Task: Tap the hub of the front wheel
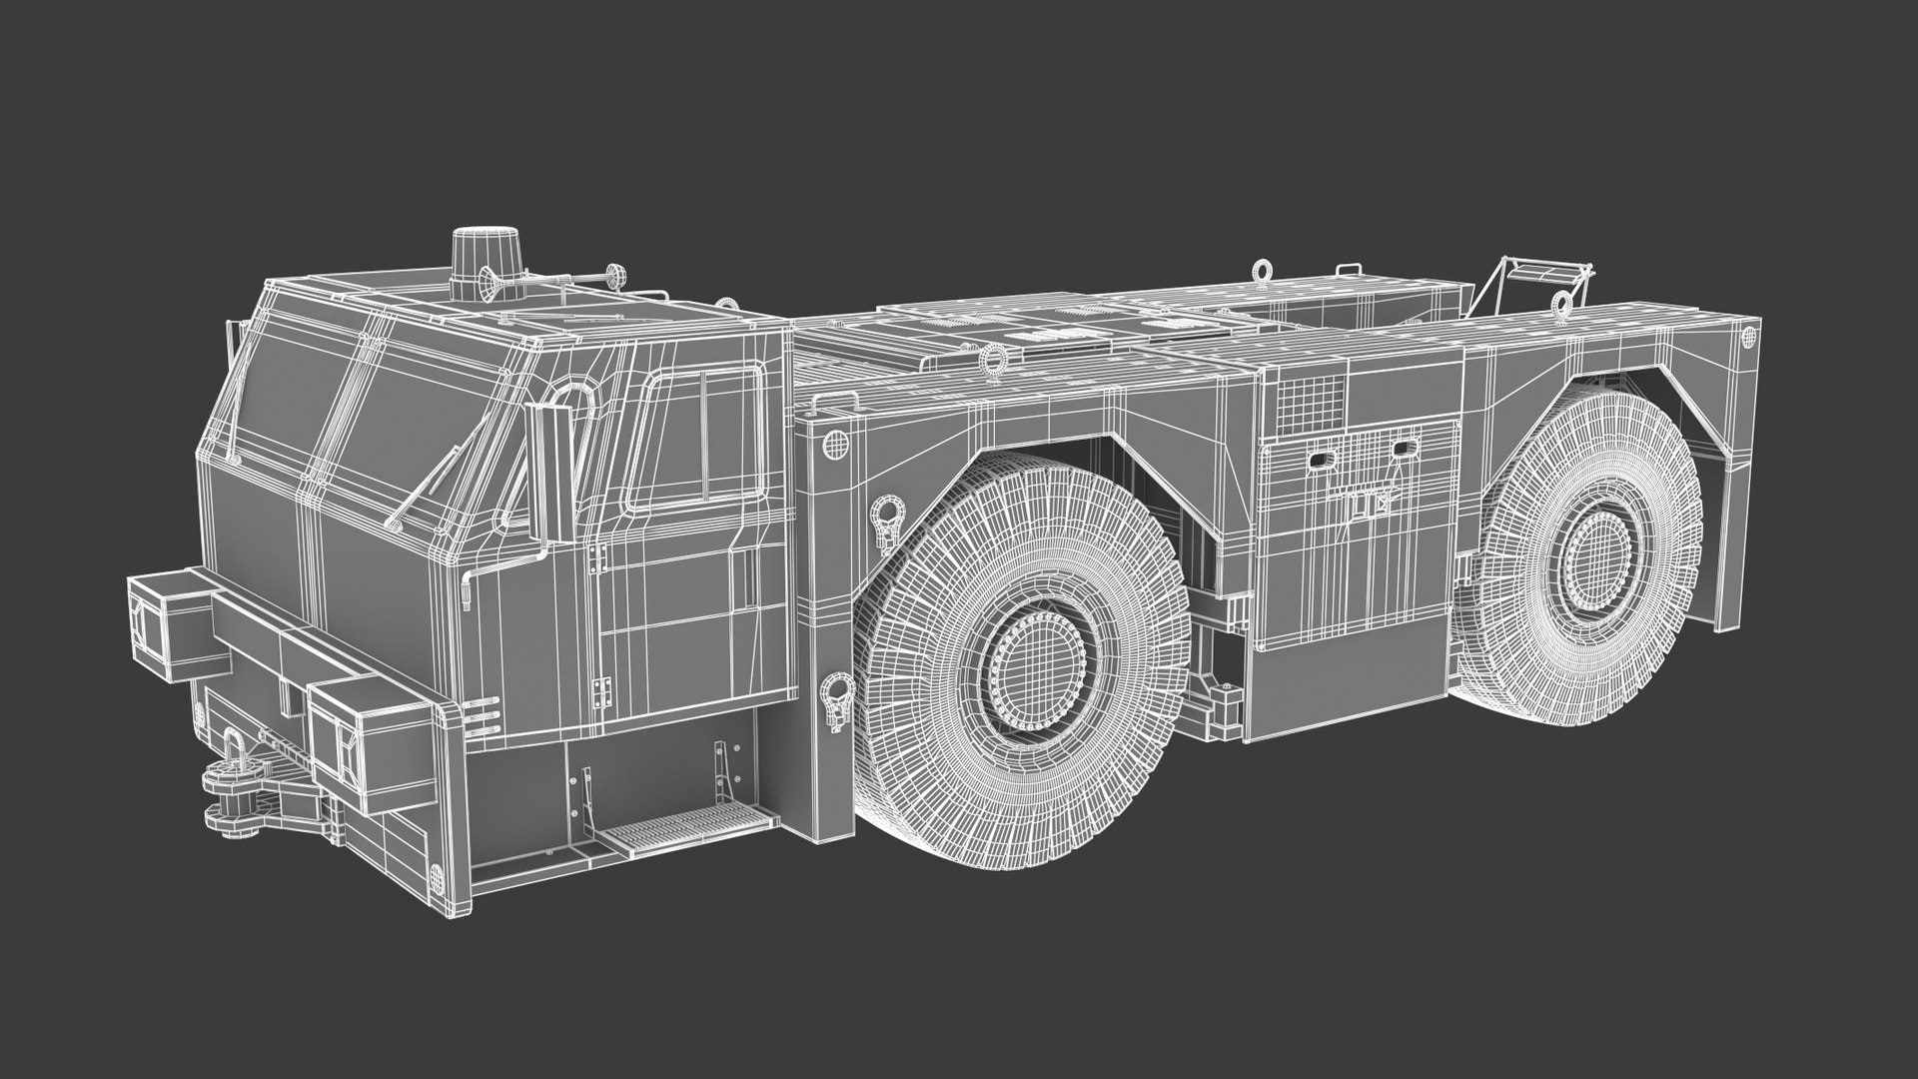coord(1038,664)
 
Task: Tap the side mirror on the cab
coord(545,470)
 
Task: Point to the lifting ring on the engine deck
coord(995,364)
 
